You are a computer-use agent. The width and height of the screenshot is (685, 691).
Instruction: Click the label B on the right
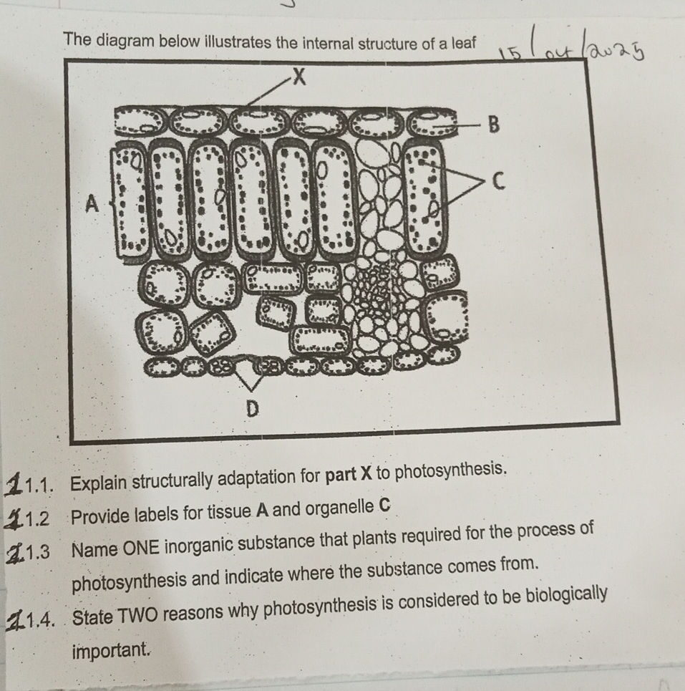(492, 127)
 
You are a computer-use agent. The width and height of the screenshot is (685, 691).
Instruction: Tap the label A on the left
(92, 205)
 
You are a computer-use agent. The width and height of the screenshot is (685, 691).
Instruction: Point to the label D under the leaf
(251, 409)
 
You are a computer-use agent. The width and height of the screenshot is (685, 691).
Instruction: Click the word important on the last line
(112, 651)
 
